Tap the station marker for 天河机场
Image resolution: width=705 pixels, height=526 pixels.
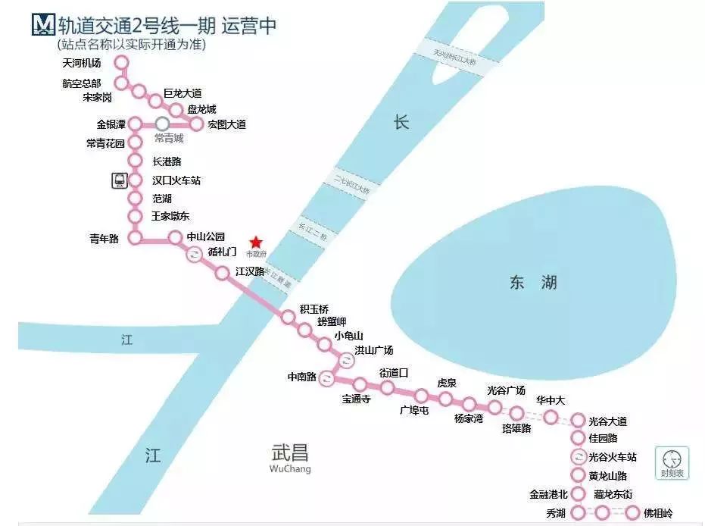click(121, 63)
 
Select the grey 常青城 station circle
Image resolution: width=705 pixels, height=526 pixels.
click(162, 124)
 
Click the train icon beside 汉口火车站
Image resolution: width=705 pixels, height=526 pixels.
click(120, 180)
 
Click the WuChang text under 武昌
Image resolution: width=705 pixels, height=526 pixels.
click(290, 469)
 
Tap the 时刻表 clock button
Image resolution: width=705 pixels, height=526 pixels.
click(672, 462)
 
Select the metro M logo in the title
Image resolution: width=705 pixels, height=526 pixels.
click(42, 25)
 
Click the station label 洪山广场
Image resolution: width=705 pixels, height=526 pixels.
click(374, 350)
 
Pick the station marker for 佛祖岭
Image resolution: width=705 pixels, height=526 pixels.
click(632, 513)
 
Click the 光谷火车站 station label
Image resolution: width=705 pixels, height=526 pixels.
click(612, 457)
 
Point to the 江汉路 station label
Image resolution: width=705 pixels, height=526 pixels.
click(250, 271)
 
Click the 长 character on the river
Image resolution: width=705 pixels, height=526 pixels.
click(401, 122)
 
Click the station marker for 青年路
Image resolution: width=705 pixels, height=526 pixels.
click(136, 238)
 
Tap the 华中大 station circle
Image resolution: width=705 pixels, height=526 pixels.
click(551, 417)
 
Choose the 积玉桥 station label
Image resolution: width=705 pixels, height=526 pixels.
click(314, 308)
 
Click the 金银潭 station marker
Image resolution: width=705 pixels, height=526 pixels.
click(136, 124)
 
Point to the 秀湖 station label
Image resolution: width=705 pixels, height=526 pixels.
click(555, 513)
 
